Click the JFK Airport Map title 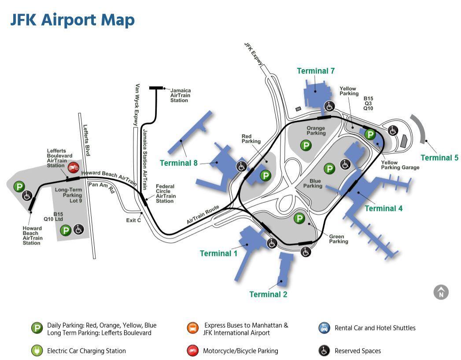pyautogui.click(x=72, y=20)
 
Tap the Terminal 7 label pyautogui.click(x=316, y=71)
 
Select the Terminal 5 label pyautogui.click(x=439, y=158)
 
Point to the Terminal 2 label pyautogui.click(x=268, y=294)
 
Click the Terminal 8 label pyautogui.click(x=178, y=163)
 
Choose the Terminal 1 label pyautogui.click(x=218, y=253)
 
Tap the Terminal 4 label pyautogui.click(x=384, y=208)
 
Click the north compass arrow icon pyautogui.click(x=441, y=292)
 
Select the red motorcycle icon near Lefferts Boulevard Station pyautogui.click(x=73, y=167)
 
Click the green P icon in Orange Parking pyautogui.click(x=306, y=145)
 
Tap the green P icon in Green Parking pyautogui.click(x=299, y=218)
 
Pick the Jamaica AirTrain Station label pyautogui.click(x=181, y=96)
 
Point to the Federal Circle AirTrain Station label pyautogui.click(x=166, y=194)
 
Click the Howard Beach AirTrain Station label pyautogui.click(x=33, y=235)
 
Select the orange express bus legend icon pyautogui.click(x=192, y=328)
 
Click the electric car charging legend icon pyautogui.click(x=37, y=351)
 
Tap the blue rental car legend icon pyautogui.click(x=324, y=328)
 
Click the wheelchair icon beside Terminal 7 pyautogui.click(x=329, y=106)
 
